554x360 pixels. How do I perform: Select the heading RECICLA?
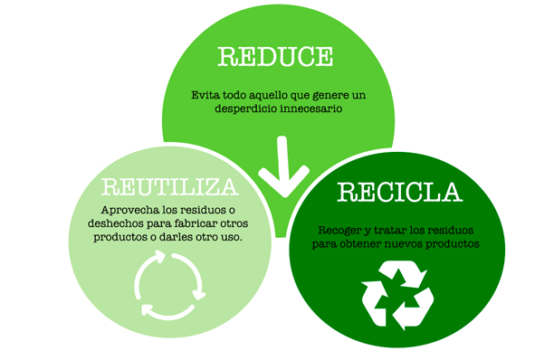399,192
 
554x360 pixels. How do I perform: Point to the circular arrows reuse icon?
170,285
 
